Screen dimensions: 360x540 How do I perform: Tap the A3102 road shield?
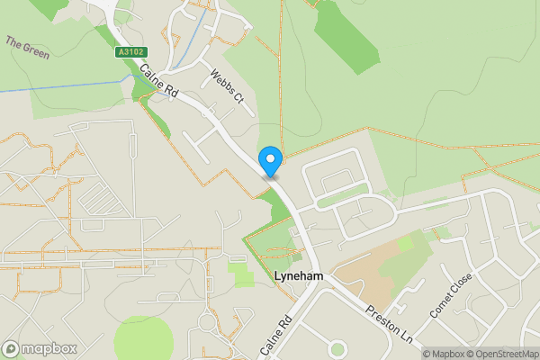[131, 53]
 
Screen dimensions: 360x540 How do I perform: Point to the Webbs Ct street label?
[228, 85]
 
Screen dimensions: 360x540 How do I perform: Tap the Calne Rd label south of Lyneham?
[276, 336]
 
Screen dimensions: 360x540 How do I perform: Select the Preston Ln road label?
[389, 326]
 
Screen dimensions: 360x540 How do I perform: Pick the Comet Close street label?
[451, 293]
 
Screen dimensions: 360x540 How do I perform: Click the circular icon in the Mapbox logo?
[12, 348]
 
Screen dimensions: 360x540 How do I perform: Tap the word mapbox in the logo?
[49, 348]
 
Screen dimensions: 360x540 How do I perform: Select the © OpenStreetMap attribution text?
[505, 354]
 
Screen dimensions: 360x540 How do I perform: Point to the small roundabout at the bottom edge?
[337, 348]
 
